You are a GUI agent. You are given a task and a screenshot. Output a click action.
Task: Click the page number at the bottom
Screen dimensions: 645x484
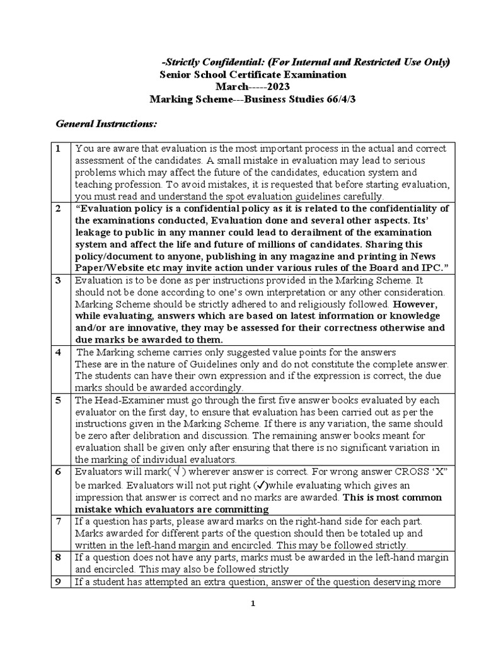pos(251,603)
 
